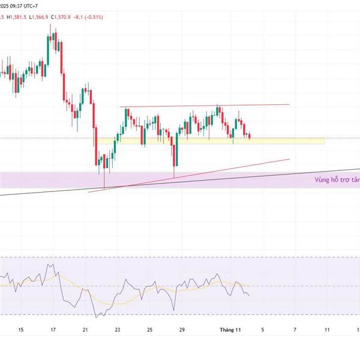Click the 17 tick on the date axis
tap(53, 329)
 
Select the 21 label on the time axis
tap(85, 329)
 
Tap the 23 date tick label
tap(118, 329)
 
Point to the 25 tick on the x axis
tap(149, 329)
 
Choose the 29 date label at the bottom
tap(182, 329)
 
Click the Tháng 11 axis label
tap(230, 329)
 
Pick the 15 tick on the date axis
tap(21, 329)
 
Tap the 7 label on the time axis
tap(295, 329)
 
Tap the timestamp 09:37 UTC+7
tap(31, 5)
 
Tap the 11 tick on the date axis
tap(327, 329)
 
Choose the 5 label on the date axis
tap(262, 329)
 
